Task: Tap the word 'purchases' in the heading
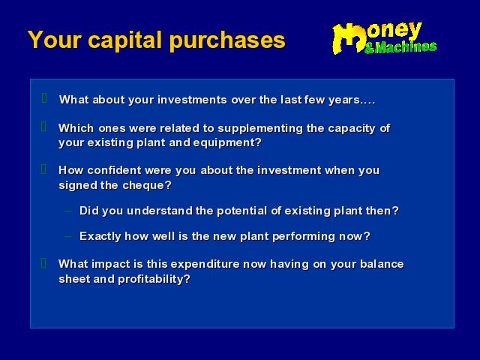pyautogui.click(x=227, y=40)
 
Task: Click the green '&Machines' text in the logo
pyautogui.click(x=400, y=47)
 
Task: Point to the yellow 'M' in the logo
pyautogui.click(x=349, y=38)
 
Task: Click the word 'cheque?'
pyautogui.click(x=147, y=185)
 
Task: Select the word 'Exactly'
pyautogui.click(x=100, y=237)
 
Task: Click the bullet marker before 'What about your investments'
pyautogui.click(x=44, y=98)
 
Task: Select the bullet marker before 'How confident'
pyautogui.click(x=43, y=169)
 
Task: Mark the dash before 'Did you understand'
pyautogui.click(x=68, y=211)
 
